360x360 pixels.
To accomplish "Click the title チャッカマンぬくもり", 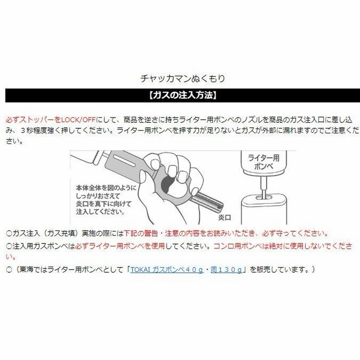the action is [183, 78].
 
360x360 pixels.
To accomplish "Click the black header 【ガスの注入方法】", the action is [183, 95].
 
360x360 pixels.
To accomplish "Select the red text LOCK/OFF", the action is [78, 120].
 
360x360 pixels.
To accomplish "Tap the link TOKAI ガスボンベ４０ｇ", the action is [166, 269].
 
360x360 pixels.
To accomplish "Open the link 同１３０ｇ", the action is [226, 269].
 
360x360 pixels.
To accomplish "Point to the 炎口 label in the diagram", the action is [224, 217].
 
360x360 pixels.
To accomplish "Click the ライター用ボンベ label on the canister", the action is [264, 162].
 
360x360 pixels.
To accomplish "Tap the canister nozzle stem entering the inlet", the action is [264, 188].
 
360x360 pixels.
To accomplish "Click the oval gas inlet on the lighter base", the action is [264, 197].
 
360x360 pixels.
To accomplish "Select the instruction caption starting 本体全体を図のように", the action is [106, 199].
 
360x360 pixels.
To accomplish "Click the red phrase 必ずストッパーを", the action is [33, 120].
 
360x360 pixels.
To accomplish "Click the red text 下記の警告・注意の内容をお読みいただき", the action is [189, 234].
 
